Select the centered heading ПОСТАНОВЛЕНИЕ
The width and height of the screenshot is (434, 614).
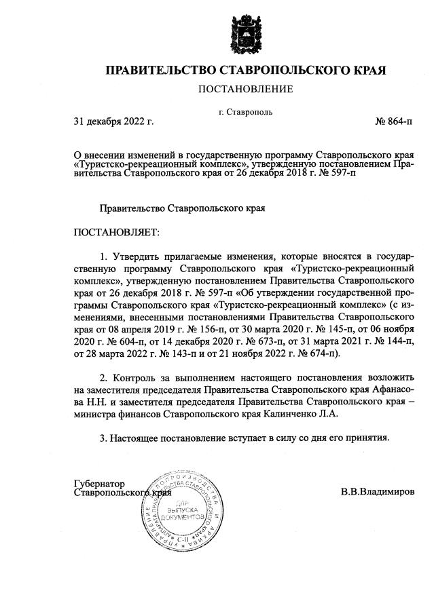[245, 89]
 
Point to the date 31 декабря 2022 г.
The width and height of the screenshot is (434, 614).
[113, 122]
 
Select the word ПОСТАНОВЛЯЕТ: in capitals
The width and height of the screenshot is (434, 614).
[115, 233]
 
